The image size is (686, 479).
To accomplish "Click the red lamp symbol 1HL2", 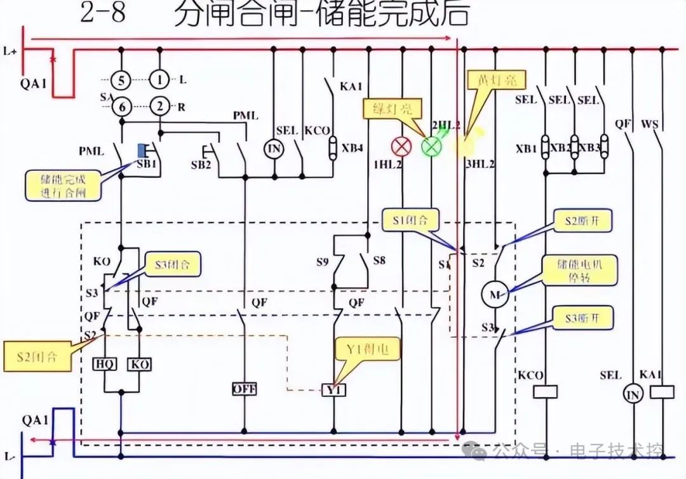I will tap(401, 147).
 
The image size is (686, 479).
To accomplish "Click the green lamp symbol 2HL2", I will tap(431, 146).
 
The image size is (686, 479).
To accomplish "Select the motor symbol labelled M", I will tap(496, 294).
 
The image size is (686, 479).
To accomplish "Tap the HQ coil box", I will tap(104, 364).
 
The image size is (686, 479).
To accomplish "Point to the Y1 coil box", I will tap(334, 389).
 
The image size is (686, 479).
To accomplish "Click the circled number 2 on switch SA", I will tap(159, 107).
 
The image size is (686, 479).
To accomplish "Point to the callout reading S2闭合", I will tap(37, 356).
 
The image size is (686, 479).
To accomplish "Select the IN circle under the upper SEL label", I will tap(274, 148).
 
